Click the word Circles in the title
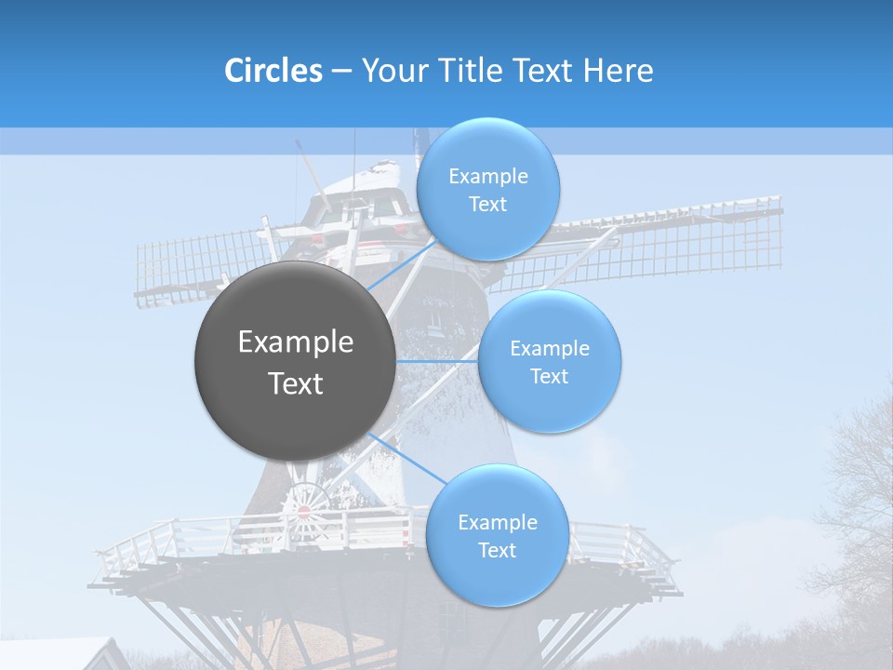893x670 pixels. point(273,71)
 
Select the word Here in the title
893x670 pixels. point(619,71)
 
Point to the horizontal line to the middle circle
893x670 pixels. point(437,361)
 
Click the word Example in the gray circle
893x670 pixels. point(296,342)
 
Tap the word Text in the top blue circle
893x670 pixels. point(487,205)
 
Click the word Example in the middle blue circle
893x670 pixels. point(550,349)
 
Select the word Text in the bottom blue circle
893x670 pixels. point(497,551)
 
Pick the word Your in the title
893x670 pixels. point(392,71)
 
